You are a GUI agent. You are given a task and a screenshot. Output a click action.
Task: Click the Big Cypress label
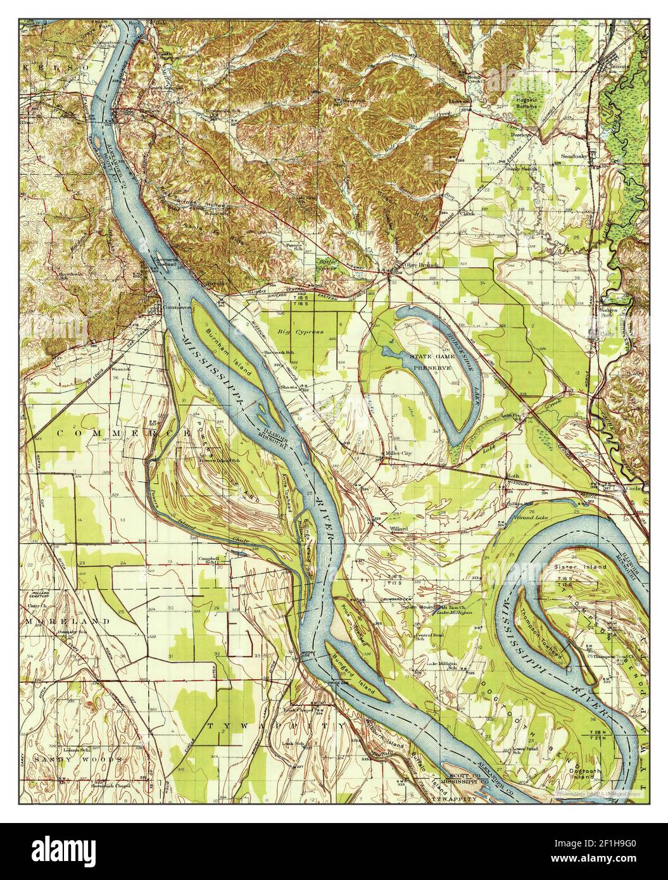coord(301,331)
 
